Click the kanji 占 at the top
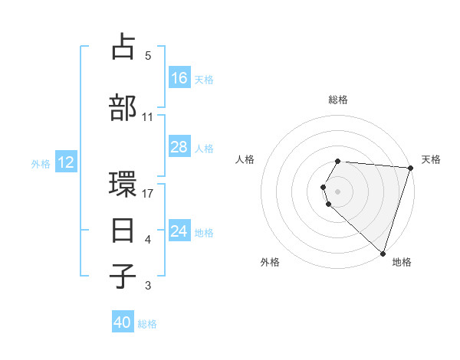click(x=124, y=48)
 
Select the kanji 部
click(x=124, y=107)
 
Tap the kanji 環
click(x=124, y=186)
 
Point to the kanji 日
click(x=124, y=229)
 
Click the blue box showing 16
click(x=179, y=77)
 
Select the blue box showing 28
click(x=179, y=147)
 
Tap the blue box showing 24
click(x=179, y=231)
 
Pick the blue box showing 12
click(x=66, y=162)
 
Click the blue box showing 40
click(x=123, y=322)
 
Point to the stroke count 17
click(x=149, y=193)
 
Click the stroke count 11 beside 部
click(x=148, y=117)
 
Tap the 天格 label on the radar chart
click(x=431, y=159)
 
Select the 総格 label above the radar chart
click(x=338, y=100)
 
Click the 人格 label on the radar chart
click(x=245, y=159)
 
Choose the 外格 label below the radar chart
click(x=270, y=262)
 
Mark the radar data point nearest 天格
click(x=410, y=168)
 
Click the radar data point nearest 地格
click(x=383, y=253)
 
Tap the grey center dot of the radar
click(x=338, y=191)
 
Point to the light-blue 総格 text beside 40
click(x=147, y=324)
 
